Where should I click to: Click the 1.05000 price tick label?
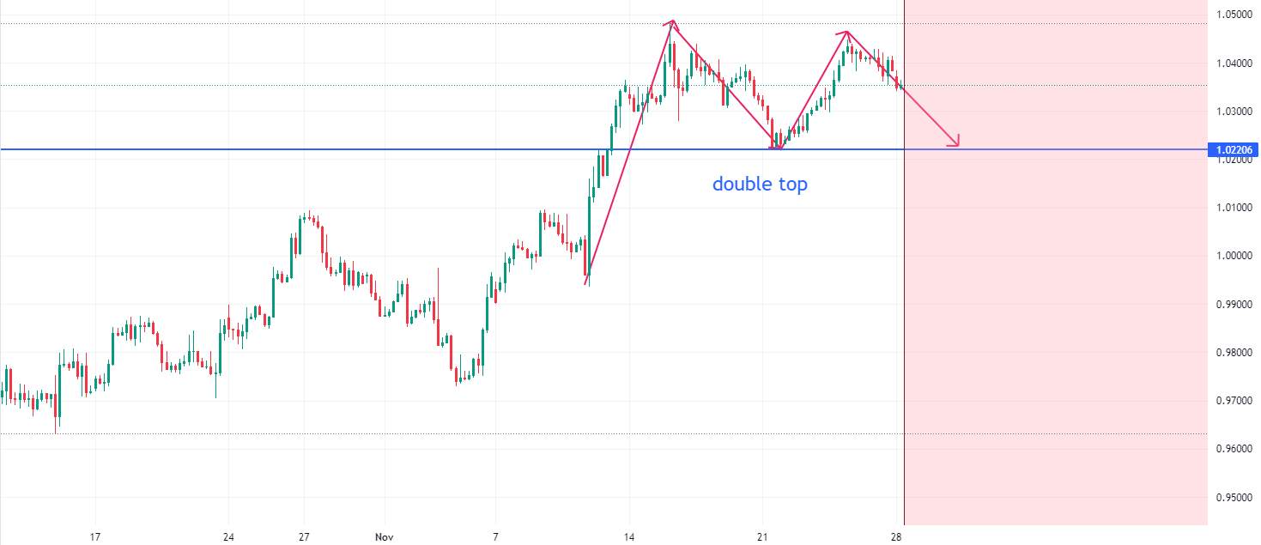pyautogui.click(x=1234, y=15)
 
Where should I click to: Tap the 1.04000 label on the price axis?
pyautogui.click(x=1234, y=64)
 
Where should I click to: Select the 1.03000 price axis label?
pyautogui.click(x=1234, y=112)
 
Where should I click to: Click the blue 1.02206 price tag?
pyautogui.click(x=1234, y=149)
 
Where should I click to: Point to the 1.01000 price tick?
pyautogui.click(x=1234, y=208)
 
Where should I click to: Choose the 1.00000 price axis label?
pyautogui.click(x=1234, y=256)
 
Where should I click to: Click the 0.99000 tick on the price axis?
pyautogui.click(x=1234, y=305)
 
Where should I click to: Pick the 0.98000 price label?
pyautogui.click(x=1234, y=353)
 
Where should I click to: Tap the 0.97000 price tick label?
pyautogui.click(x=1234, y=401)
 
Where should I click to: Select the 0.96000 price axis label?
pyautogui.click(x=1234, y=449)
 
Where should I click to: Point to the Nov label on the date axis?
pyautogui.click(x=384, y=537)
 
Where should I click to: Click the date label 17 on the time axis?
pyautogui.click(x=95, y=537)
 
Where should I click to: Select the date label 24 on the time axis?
pyautogui.click(x=228, y=537)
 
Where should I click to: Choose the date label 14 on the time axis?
pyautogui.click(x=629, y=537)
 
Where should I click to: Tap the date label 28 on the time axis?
pyautogui.click(x=896, y=537)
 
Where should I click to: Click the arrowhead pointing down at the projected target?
pyautogui.click(x=955, y=143)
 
